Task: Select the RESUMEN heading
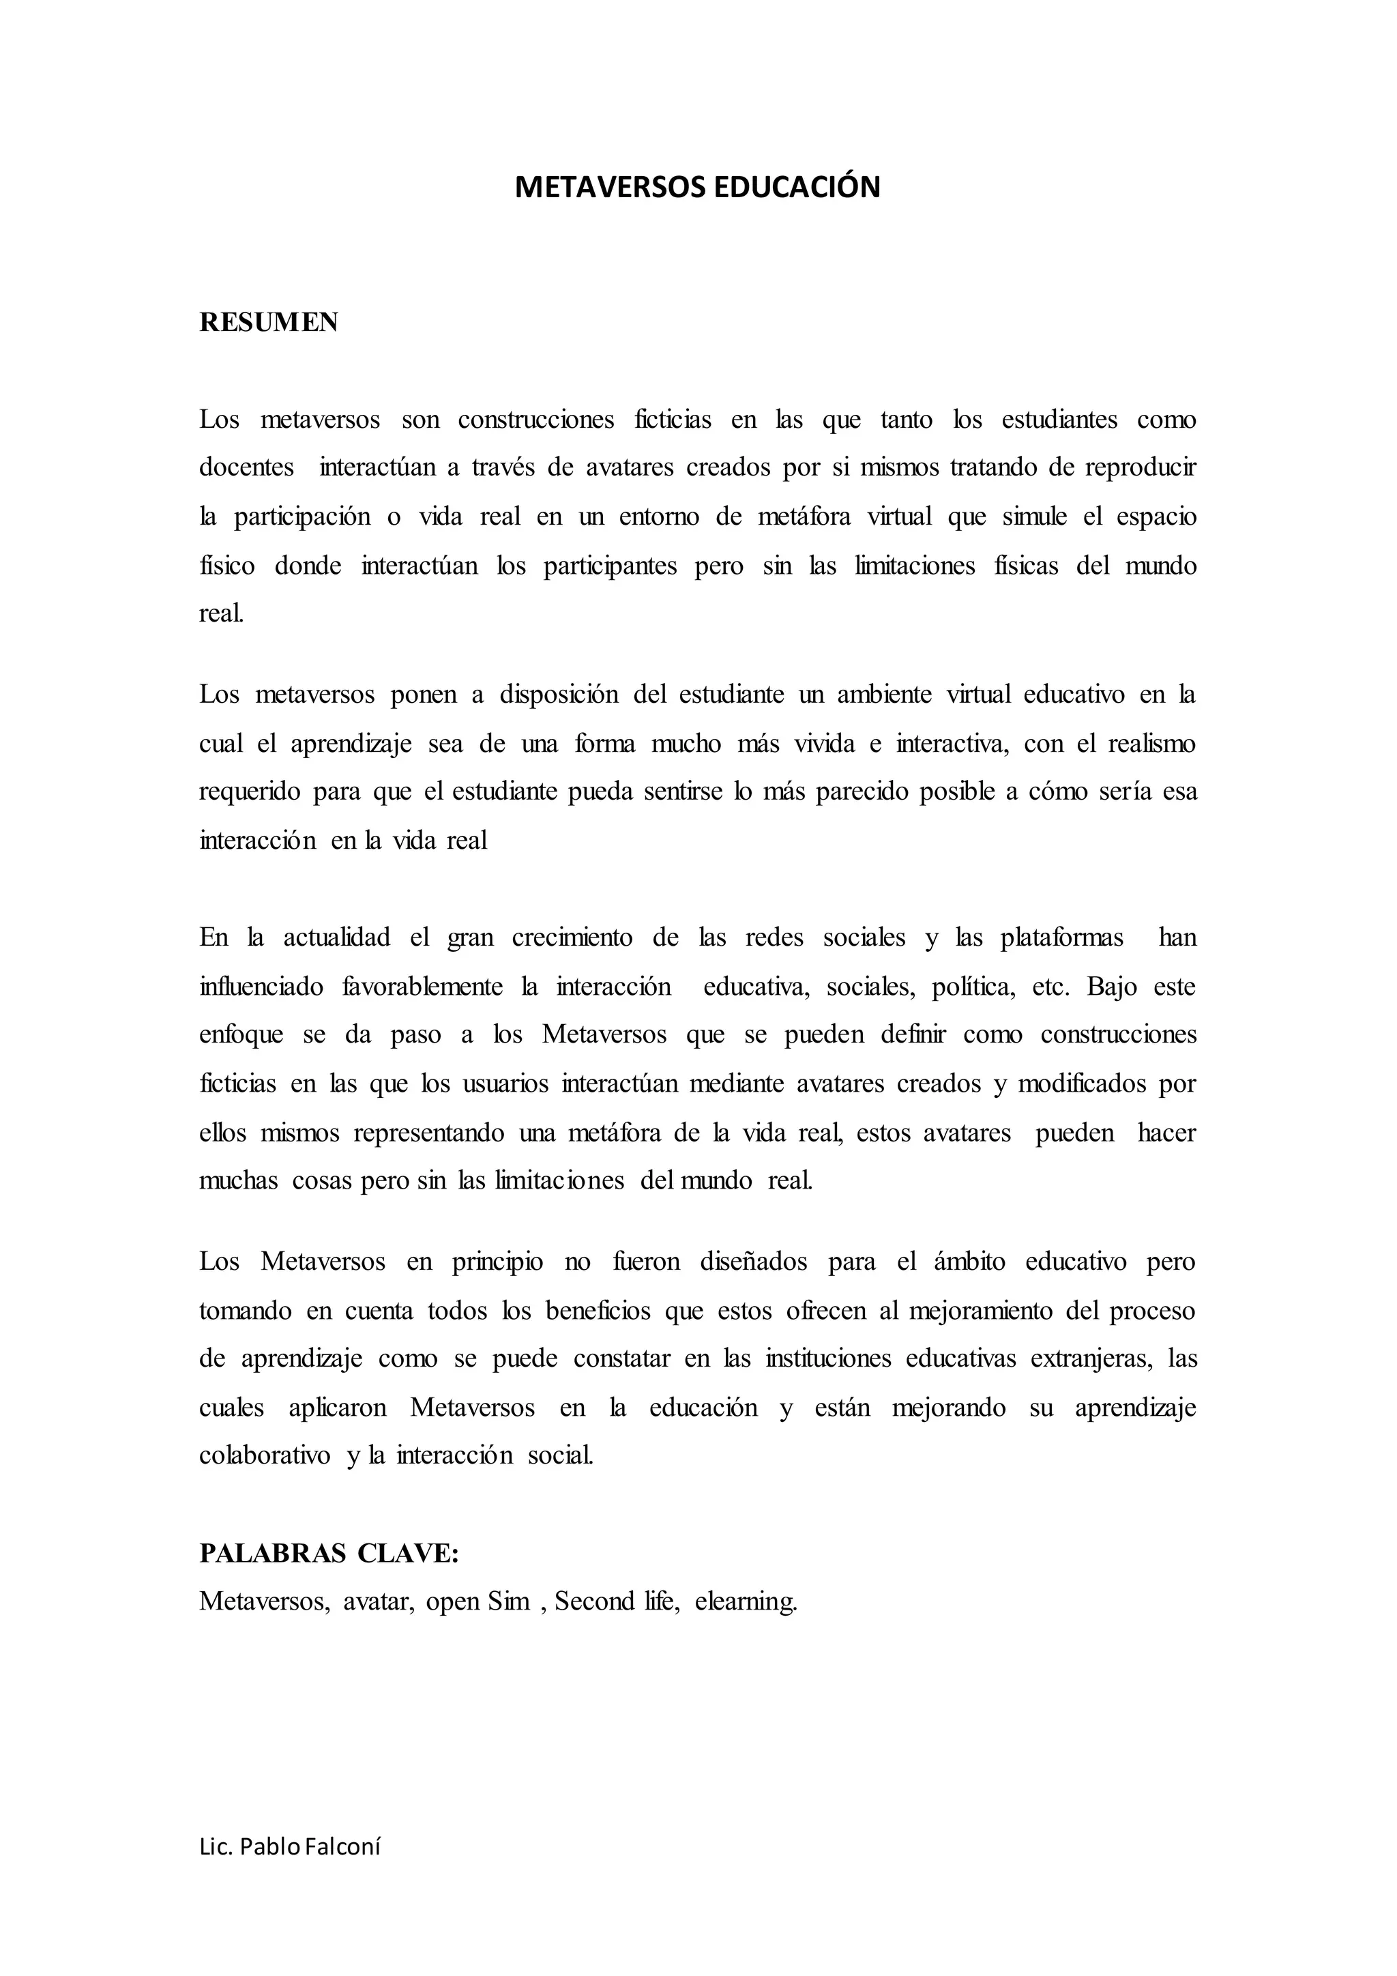coord(268,322)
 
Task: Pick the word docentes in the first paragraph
coord(246,467)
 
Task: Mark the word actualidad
coord(336,936)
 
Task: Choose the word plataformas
coord(1061,936)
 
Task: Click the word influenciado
coord(261,985)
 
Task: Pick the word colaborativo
coord(264,1455)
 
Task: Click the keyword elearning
coord(746,1601)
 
